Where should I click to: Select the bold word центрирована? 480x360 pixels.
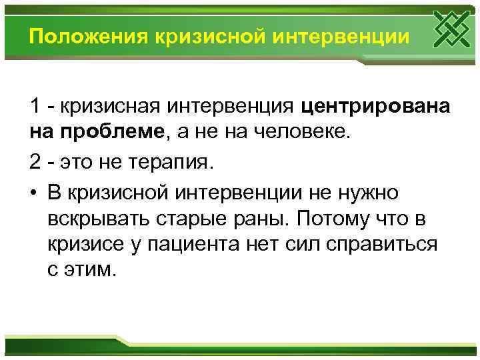(x=375, y=105)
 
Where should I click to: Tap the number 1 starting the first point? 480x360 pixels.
(x=35, y=105)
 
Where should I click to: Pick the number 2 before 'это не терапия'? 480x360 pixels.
(x=35, y=162)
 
